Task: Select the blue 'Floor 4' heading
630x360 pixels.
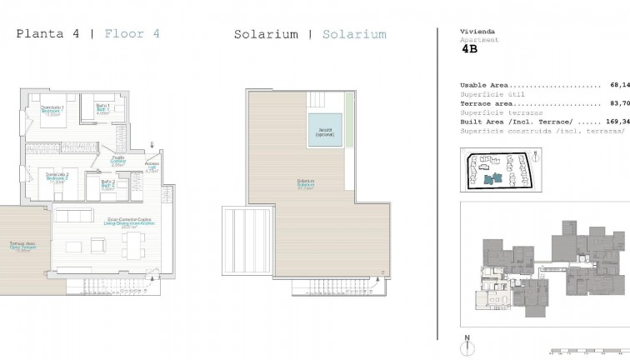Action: click(132, 34)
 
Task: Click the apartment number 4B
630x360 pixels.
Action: click(470, 49)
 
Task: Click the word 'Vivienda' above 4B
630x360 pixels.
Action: click(473, 31)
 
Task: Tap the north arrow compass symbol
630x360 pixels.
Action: click(468, 342)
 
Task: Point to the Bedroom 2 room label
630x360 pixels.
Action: click(57, 176)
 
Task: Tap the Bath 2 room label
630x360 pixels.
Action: click(107, 187)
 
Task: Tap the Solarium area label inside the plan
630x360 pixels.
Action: click(305, 186)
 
